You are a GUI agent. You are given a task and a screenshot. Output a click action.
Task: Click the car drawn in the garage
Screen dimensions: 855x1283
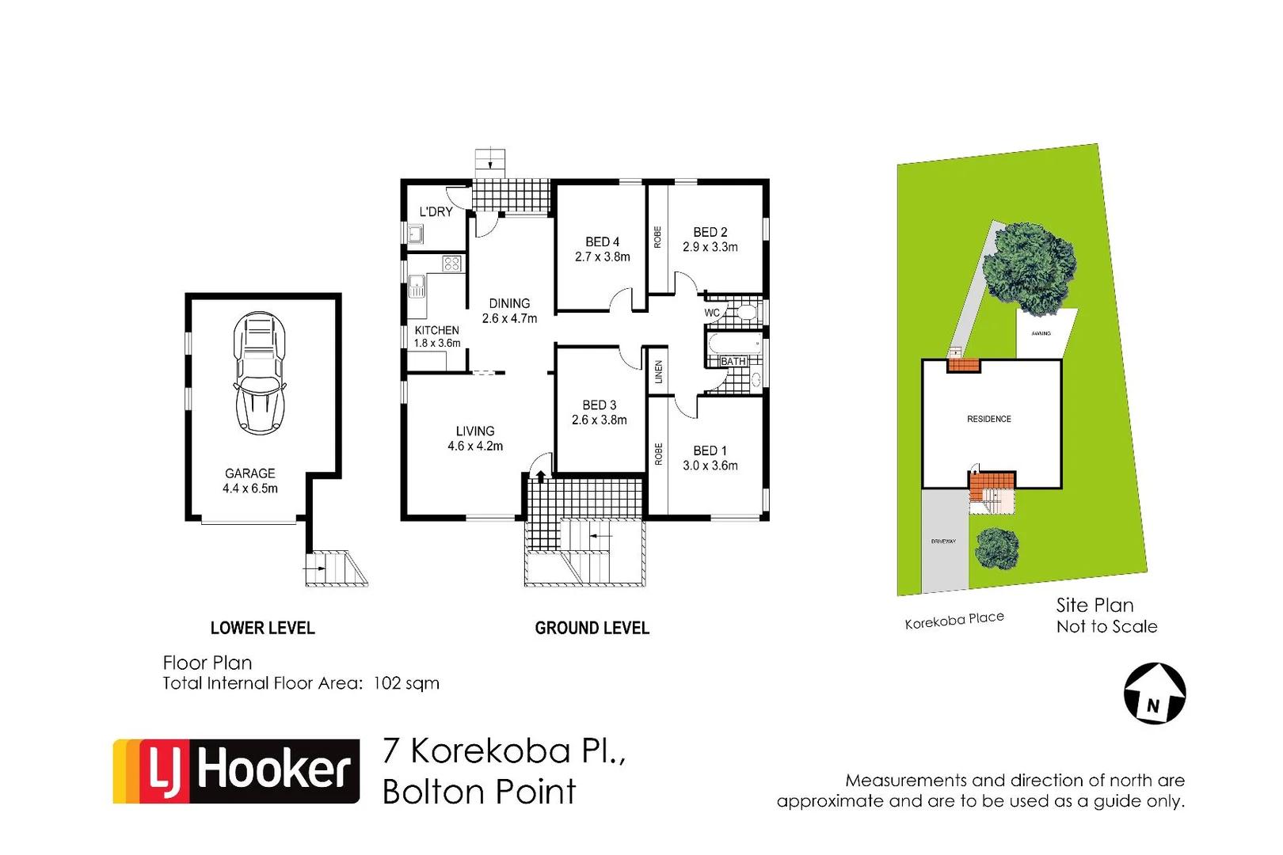[259, 373]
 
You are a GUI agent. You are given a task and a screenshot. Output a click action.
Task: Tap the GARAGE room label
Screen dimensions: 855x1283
[249, 473]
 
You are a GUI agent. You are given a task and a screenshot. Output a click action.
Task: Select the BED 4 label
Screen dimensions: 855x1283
[602, 241]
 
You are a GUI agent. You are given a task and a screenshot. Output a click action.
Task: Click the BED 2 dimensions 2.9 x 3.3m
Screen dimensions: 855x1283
[710, 247]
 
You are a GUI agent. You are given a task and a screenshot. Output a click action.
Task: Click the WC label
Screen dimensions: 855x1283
[712, 313]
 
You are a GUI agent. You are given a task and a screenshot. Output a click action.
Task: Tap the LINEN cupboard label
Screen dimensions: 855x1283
[658, 372]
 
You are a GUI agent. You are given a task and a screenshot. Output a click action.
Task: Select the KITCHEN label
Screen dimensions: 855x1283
[436, 330]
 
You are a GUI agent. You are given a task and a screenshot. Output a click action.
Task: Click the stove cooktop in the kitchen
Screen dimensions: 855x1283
[451, 264]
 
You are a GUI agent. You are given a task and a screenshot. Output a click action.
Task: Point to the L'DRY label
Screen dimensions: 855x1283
[436, 211]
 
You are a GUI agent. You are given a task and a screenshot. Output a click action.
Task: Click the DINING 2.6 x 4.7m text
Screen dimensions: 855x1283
[509, 311]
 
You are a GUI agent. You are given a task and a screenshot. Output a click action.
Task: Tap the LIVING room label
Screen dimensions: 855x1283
[474, 431]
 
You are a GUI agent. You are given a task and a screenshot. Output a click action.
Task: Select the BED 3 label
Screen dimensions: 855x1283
[599, 405]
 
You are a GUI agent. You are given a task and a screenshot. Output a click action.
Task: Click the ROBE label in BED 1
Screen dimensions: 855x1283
[658, 454]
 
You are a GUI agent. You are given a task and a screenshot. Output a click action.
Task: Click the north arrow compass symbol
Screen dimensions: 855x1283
[1155, 693]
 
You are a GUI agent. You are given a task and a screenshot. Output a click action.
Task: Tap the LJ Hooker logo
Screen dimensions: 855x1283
[236, 771]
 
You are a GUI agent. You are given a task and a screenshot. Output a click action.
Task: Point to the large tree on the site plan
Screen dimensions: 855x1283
[1030, 268]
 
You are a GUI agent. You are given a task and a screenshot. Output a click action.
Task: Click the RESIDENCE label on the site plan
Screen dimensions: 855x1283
[988, 419]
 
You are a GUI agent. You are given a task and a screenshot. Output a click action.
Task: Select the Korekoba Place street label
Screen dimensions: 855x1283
[954, 620]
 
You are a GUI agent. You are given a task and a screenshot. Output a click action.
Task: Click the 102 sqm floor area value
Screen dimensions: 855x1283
[405, 683]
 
